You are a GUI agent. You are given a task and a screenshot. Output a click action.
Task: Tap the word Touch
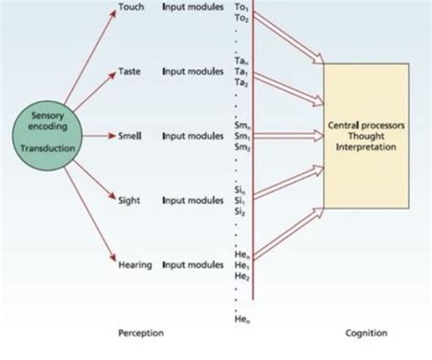(x=132, y=7)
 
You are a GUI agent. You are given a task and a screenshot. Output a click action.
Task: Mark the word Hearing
(x=135, y=264)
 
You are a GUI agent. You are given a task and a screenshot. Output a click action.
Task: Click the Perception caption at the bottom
(x=141, y=334)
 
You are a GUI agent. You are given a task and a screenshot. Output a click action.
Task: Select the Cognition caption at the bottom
(x=365, y=334)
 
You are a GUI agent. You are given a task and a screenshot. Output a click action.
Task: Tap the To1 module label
(x=242, y=7)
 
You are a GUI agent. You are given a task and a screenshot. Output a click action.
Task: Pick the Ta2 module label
(x=242, y=81)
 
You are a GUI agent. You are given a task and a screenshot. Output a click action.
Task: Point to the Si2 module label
(x=242, y=210)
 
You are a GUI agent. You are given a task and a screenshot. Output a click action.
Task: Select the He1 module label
(x=242, y=264)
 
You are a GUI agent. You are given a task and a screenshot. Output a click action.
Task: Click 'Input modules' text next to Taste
(x=192, y=70)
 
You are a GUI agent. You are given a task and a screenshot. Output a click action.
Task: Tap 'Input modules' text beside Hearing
(x=192, y=264)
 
